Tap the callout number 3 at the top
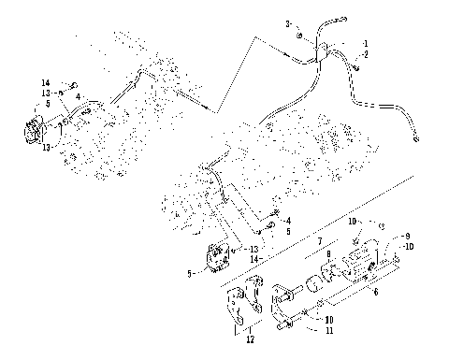(x=289, y=22)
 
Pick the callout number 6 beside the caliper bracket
(x=376, y=293)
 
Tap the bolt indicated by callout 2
(x=357, y=65)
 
